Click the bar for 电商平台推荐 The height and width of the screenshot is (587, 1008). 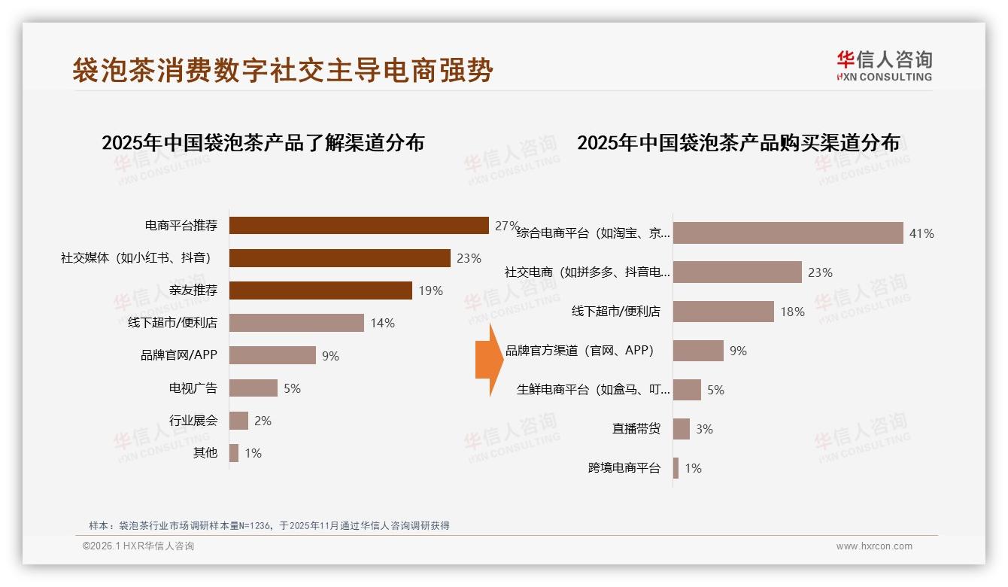click(359, 226)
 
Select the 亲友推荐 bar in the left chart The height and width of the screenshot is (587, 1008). click(320, 290)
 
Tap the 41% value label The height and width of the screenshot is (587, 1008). click(921, 233)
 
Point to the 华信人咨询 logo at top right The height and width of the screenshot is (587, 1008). click(884, 65)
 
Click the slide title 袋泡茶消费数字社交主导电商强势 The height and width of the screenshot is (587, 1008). click(283, 70)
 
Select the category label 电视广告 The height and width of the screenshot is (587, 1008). click(193, 388)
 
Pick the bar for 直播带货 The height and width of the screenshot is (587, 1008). click(681, 429)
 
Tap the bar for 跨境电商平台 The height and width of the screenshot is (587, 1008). click(676, 468)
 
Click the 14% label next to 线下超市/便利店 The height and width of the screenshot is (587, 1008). click(382, 323)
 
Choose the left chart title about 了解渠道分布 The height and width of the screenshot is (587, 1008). click(263, 142)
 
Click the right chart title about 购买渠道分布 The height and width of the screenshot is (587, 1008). click(738, 142)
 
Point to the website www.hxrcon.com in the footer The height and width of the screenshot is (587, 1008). click(874, 546)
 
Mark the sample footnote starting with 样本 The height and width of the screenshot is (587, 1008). click(269, 525)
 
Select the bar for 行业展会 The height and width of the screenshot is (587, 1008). click(238, 421)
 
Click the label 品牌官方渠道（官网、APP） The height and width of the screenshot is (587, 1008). click(580, 351)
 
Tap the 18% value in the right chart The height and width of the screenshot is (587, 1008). click(792, 312)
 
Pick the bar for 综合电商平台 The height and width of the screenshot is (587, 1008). click(788, 233)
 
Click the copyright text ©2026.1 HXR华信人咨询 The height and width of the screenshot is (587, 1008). click(138, 546)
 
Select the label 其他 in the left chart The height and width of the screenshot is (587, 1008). click(205, 453)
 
